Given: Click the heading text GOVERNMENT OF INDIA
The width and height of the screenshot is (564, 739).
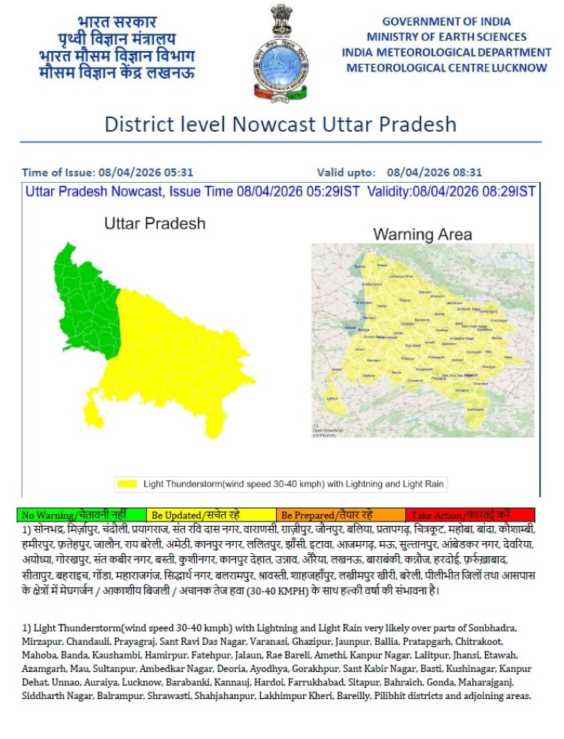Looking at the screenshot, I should pyautogui.click(x=446, y=22).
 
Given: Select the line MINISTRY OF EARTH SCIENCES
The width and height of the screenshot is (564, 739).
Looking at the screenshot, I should pyautogui.click(x=446, y=37).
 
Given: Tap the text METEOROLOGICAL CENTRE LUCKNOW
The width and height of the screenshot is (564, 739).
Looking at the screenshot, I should pyautogui.click(x=447, y=68).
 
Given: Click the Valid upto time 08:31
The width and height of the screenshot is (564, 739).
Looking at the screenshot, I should pyautogui.click(x=467, y=172).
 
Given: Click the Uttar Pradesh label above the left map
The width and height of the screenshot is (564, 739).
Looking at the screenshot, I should pyautogui.click(x=154, y=224).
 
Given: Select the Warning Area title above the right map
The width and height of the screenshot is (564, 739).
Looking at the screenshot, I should pyautogui.click(x=423, y=235).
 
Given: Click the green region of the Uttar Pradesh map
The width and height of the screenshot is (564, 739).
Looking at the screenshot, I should pyautogui.click(x=83, y=301).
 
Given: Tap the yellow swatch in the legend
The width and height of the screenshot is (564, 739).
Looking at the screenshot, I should pyautogui.click(x=127, y=483).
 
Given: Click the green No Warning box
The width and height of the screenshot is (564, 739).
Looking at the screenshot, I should pyautogui.click(x=81, y=515).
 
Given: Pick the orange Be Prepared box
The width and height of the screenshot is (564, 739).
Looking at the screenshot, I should pyautogui.click(x=340, y=515).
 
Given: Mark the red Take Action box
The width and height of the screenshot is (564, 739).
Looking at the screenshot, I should pyautogui.click(x=470, y=515).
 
